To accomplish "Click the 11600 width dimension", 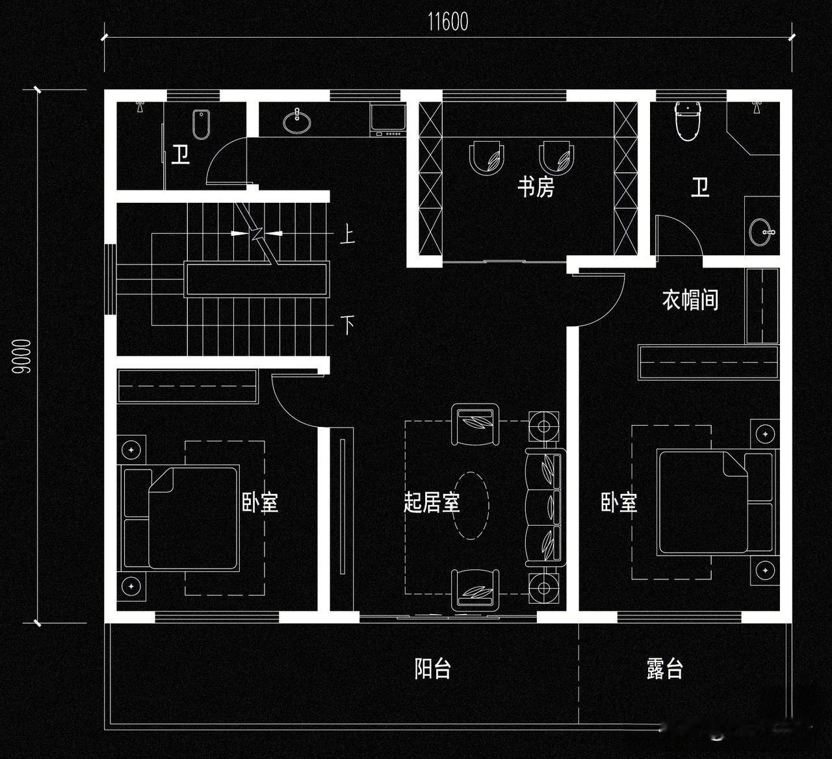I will [448, 22].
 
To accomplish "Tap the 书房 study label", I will [536, 188].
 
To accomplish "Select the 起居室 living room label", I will [432, 502].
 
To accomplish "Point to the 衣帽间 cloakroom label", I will [690, 300].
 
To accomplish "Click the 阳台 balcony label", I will [433, 669].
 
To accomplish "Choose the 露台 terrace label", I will [665, 669].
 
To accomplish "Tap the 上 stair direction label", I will [348, 234].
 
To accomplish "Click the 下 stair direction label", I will [348, 324].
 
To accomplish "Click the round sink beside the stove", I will [297, 120].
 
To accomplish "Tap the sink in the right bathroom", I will [762, 232].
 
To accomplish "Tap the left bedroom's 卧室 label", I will [260, 502].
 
